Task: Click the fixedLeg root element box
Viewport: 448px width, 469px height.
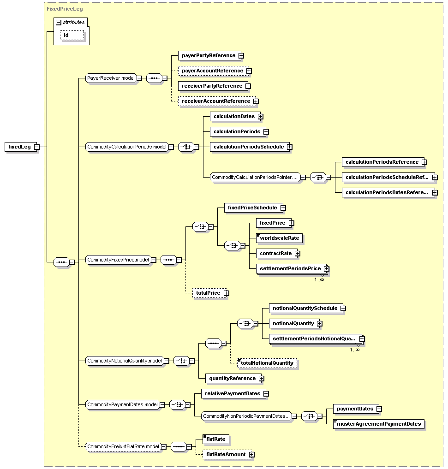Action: pyautogui.click(x=19, y=147)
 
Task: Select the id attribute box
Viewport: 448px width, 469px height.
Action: pyautogui.click(x=72, y=35)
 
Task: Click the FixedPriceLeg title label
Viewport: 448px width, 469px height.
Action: pyautogui.click(x=59, y=9)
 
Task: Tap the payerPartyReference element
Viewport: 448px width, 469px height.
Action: pyautogui.click(x=209, y=55)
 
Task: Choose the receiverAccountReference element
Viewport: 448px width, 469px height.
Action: pyautogui.click(x=215, y=101)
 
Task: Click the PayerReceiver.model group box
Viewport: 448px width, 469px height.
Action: pyautogui.click(x=111, y=78)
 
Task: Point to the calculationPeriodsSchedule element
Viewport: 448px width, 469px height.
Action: pyautogui.click(x=248, y=147)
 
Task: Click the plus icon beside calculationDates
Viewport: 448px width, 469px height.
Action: pyautogui.click(x=261, y=117)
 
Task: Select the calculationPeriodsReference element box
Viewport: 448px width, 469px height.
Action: pyautogui.click(x=382, y=162)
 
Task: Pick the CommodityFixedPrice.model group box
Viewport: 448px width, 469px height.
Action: pyautogui.click(x=118, y=260)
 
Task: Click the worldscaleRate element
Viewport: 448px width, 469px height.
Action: pyautogui.click(x=280, y=238)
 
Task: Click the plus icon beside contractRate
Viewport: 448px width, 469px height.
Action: pyautogui.click(x=298, y=253)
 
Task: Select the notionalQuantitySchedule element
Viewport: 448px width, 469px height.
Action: pyautogui.click(x=305, y=308)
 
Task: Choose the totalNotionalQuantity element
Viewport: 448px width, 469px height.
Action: pyautogui.click(x=267, y=363)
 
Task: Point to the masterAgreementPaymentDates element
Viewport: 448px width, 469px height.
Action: pyautogui.click(x=379, y=424)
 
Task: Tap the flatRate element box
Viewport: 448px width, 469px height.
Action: pyautogui.click(x=216, y=439)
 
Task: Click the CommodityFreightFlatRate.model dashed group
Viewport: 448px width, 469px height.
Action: pyautogui.click(x=123, y=447)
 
